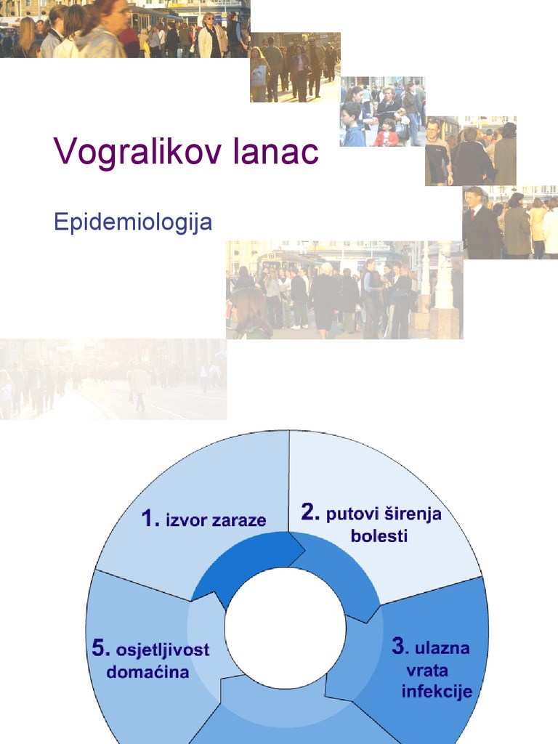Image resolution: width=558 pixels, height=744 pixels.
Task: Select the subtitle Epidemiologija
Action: (x=133, y=222)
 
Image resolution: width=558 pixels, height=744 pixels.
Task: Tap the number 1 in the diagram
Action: (x=150, y=519)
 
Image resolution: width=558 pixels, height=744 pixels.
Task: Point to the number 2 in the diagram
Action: (x=310, y=513)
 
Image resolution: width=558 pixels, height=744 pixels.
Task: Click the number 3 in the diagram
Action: (x=398, y=645)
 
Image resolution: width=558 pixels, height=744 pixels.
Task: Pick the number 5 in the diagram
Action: (x=100, y=648)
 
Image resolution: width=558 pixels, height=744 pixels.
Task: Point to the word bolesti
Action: (x=379, y=537)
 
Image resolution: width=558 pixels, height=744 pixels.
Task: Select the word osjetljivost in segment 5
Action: (x=162, y=650)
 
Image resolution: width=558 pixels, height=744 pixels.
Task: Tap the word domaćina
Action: (x=147, y=672)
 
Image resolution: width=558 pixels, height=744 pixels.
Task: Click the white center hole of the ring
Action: (x=285, y=628)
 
